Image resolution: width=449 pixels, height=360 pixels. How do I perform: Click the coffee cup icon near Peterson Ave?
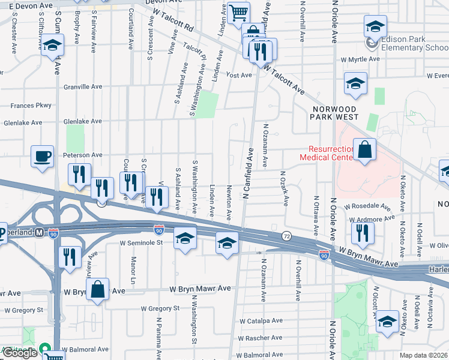(42, 156)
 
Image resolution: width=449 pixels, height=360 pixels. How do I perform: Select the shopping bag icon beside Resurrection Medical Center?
(364, 149)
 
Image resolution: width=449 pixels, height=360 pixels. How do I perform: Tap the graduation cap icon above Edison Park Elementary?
(375, 26)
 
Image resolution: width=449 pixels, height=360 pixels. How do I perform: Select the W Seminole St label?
(142, 243)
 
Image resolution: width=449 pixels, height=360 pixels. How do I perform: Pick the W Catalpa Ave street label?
(261, 320)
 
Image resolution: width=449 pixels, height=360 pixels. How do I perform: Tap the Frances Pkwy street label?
(31, 105)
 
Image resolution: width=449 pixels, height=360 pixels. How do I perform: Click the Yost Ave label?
(238, 75)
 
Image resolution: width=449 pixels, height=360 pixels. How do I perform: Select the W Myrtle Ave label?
(360, 59)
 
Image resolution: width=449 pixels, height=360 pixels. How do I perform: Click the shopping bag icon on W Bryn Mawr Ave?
(97, 290)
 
